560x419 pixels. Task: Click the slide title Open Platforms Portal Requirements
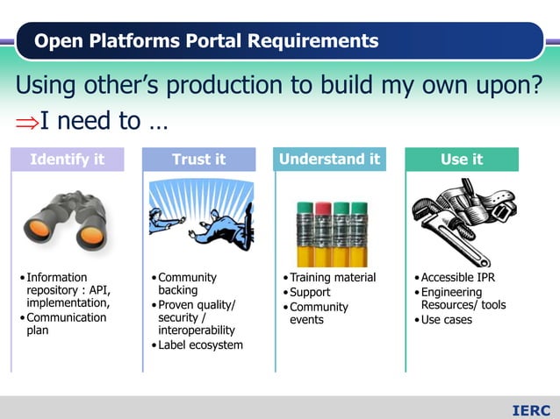click(x=206, y=41)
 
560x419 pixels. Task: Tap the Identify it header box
click(x=67, y=160)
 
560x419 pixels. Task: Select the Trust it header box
click(x=198, y=160)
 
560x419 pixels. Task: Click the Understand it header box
click(x=329, y=160)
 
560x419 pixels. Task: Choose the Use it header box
click(x=462, y=160)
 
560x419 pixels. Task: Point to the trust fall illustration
click(x=200, y=217)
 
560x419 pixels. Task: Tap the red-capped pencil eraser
click(x=323, y=209)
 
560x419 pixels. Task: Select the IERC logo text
click(x=531, y=410)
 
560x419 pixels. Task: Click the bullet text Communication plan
click(x=66, y=324)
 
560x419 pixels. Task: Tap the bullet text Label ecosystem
click(x=200, y=344)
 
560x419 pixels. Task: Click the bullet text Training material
click(x=333, y=278)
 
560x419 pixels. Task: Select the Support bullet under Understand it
click(x=310, y=292)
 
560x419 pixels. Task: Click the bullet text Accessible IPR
click(x=458, y=278)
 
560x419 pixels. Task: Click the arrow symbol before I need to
click(x=27, y=121)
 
